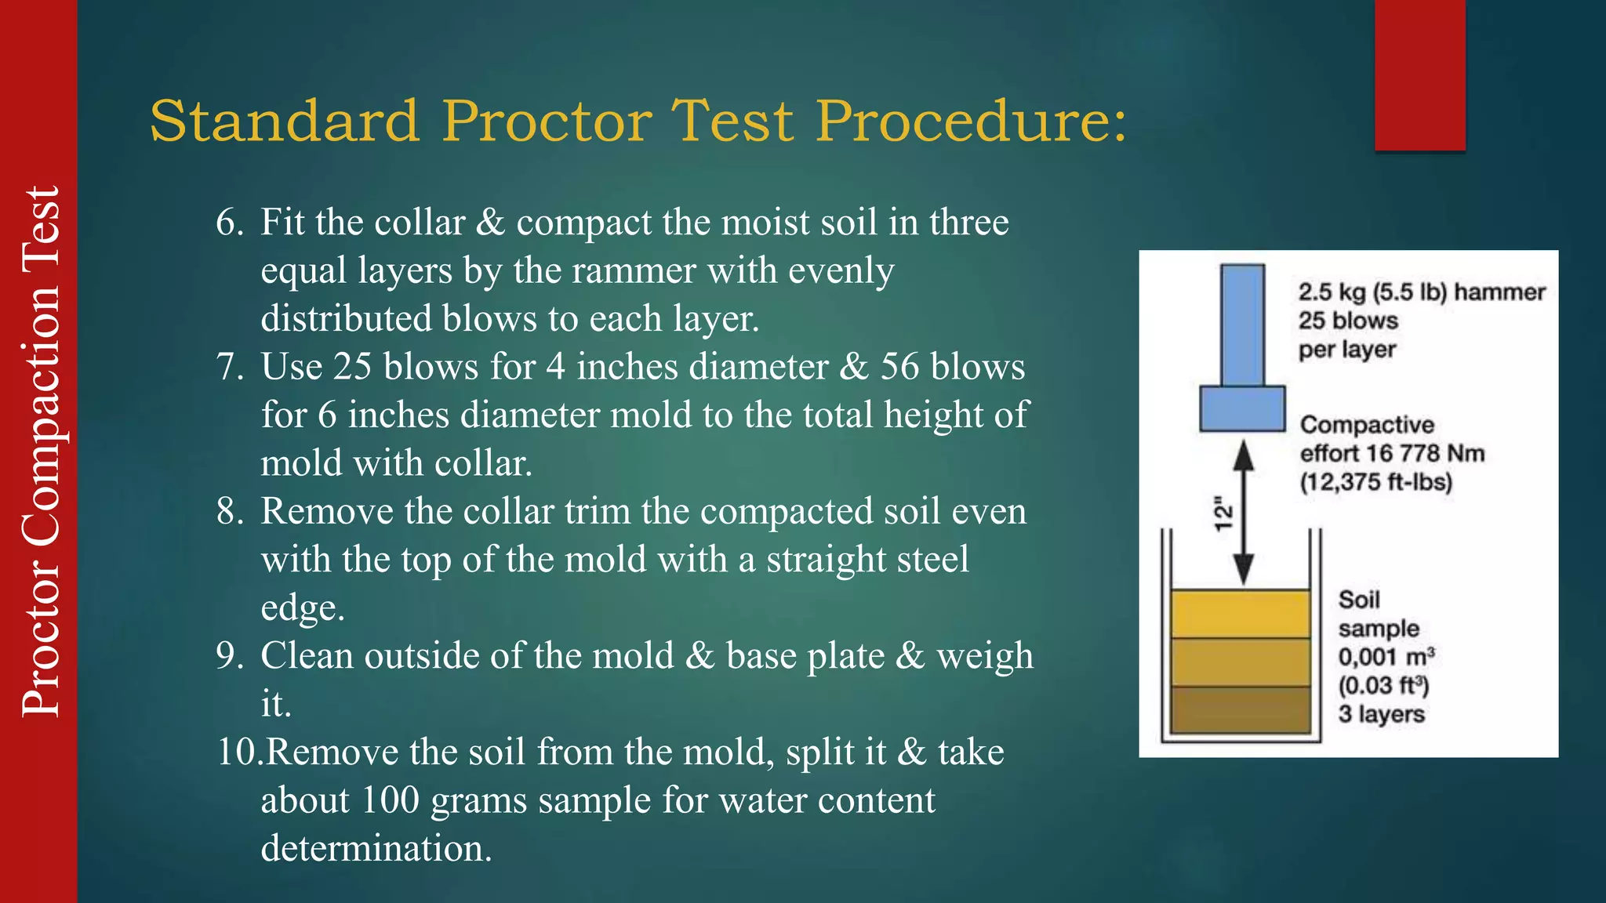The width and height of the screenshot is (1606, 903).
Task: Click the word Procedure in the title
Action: click(971, 121)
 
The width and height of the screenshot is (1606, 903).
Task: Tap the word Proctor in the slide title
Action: click(547, 121)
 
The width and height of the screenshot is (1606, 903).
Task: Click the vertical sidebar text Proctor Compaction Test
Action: click(40, 451)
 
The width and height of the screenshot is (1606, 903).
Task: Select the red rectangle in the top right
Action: click(1419, 74)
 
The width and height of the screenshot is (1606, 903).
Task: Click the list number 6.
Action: click(230, 223)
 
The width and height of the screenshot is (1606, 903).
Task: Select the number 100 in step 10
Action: click(391, 800)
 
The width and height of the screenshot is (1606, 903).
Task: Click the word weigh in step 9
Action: click(985, 656)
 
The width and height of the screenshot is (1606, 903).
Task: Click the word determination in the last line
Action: click(376, 849)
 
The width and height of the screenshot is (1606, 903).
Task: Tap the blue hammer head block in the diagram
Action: click(1242, 408)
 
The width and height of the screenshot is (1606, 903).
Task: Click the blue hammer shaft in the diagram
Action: click(1242, 325)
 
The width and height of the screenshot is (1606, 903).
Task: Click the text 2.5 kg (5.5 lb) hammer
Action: click(1421, 292)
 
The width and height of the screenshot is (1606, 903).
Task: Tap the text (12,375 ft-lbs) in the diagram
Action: click(1376, 482)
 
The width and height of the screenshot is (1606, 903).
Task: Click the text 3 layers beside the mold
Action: click(1381, 715)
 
